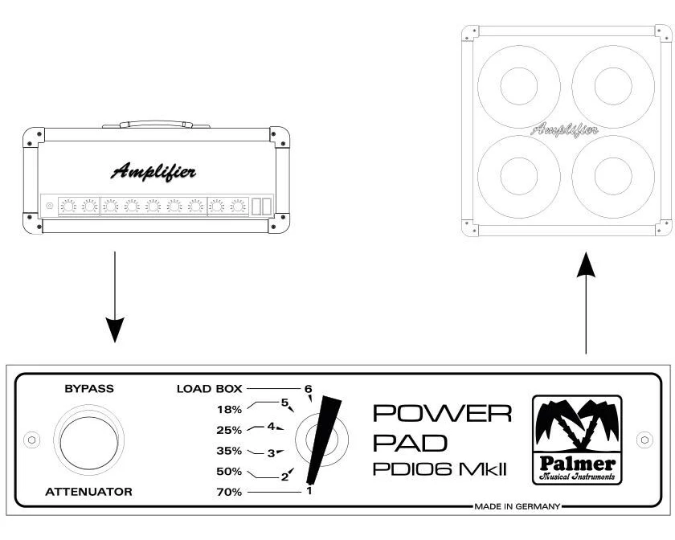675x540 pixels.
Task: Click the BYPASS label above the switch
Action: [x=89, y=388]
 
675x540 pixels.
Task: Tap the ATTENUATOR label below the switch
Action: [x=89, y=491]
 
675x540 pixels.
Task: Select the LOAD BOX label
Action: [x=210, y=389]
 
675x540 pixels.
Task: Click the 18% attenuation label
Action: [x=229, y=409]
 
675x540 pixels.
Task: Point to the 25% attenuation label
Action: [x=229, y=430]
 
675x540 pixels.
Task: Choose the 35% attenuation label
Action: [x=229, y=451]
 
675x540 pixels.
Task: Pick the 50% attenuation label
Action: [x=229, y=471]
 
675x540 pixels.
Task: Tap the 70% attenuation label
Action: [x=229, y=491]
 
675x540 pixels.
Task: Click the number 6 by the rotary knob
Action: [x=308, y=390]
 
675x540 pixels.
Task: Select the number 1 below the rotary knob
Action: [x=309, y=490]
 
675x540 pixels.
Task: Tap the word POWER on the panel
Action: [x=442, y=414]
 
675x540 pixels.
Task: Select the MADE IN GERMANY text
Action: [x=516, y=507]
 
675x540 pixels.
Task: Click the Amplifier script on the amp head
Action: [x=153, y=171]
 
